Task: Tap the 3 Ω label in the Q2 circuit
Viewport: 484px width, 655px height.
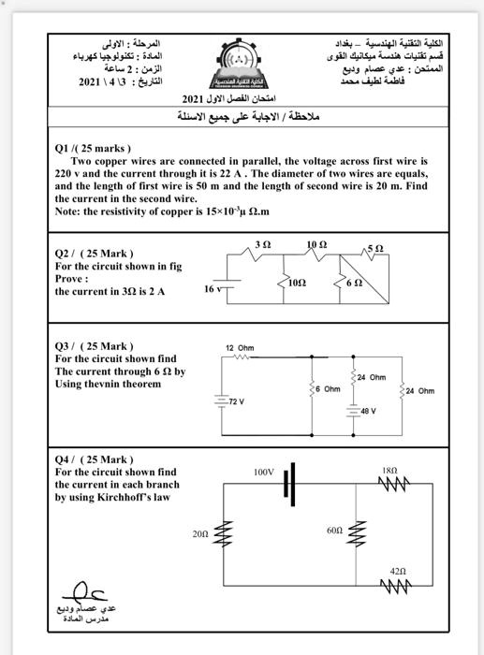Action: click(x=262, y=244)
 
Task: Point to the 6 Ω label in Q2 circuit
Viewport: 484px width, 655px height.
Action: click(x=353, y=283)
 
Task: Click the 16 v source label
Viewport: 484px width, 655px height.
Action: click(x=213, y=289)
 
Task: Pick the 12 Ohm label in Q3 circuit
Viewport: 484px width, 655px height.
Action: click(x=240, y=347)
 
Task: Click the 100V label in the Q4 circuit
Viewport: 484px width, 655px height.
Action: click(x=264, y=473)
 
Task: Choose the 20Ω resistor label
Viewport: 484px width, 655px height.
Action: click(x=199, y=532)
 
